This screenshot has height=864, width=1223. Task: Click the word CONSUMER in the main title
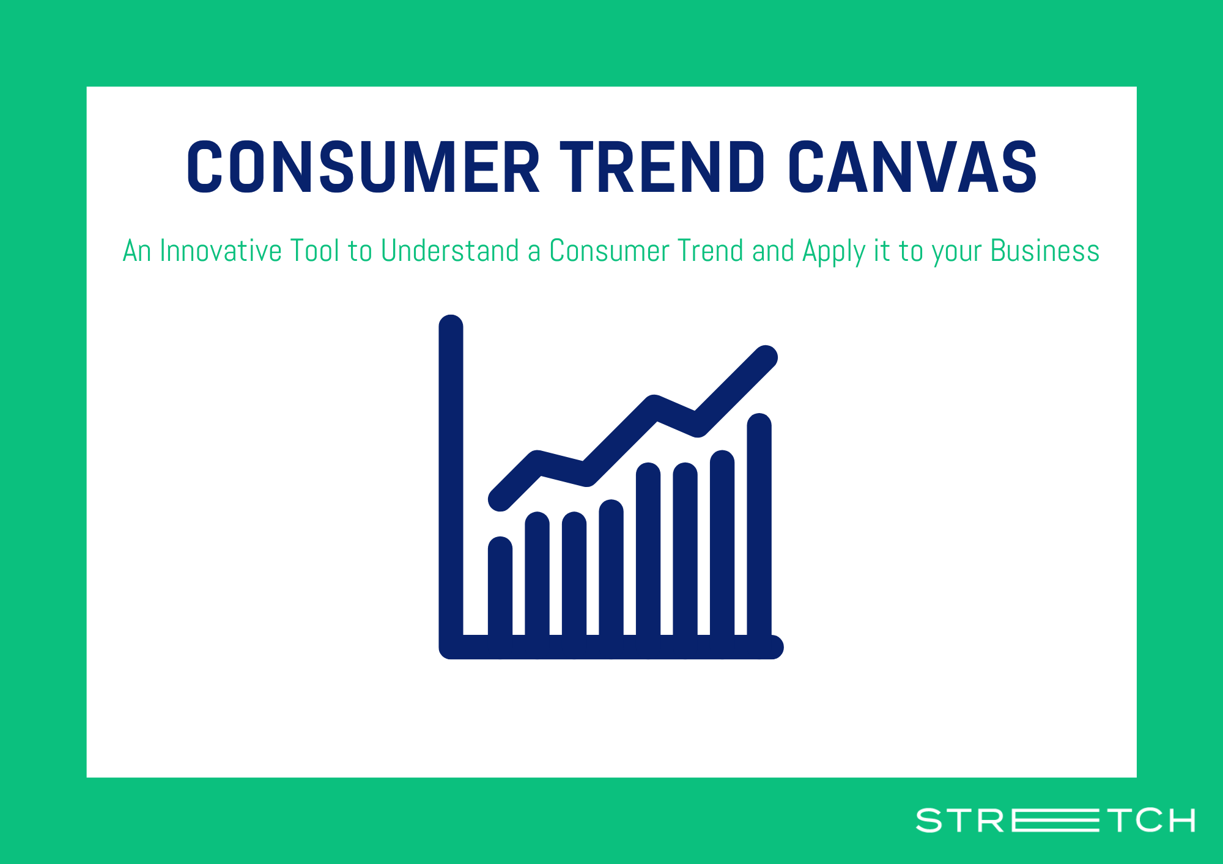pos(363,167)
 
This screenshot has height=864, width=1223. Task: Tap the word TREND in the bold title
pos(662,167)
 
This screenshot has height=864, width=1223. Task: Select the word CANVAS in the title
pos(912,167)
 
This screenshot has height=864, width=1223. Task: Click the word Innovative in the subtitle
pos(220,251)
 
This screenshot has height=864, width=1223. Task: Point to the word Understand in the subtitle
pos(449,251)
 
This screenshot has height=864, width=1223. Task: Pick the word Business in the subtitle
pos(1045,251)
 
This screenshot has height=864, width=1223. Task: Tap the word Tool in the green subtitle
pos(314,251)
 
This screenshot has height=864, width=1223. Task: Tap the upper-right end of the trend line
pos(766,357)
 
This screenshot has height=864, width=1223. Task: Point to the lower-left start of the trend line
pos(500,499)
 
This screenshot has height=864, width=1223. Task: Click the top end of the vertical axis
pos(451,325)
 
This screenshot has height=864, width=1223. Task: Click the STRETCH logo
pos(1055,820)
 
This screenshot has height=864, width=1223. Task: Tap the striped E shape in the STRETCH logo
pos(1055,820)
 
